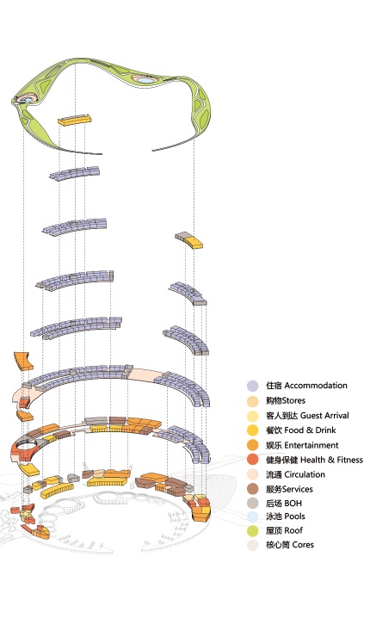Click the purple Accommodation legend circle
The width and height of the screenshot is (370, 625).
[252, 387]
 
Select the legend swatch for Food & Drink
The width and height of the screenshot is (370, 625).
[252, 430]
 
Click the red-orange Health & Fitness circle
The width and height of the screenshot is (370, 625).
[252, 460]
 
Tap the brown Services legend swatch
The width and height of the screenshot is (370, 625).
[252, 489]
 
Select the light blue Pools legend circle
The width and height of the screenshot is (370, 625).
[252, 517]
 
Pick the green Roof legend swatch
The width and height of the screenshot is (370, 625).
[252, 532]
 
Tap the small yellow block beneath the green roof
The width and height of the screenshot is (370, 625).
[74, 120]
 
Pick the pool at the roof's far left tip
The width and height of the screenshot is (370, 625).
[29, 99]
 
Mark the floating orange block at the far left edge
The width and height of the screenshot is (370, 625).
[21, 360]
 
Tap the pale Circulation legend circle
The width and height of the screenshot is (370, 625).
[252, 474]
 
